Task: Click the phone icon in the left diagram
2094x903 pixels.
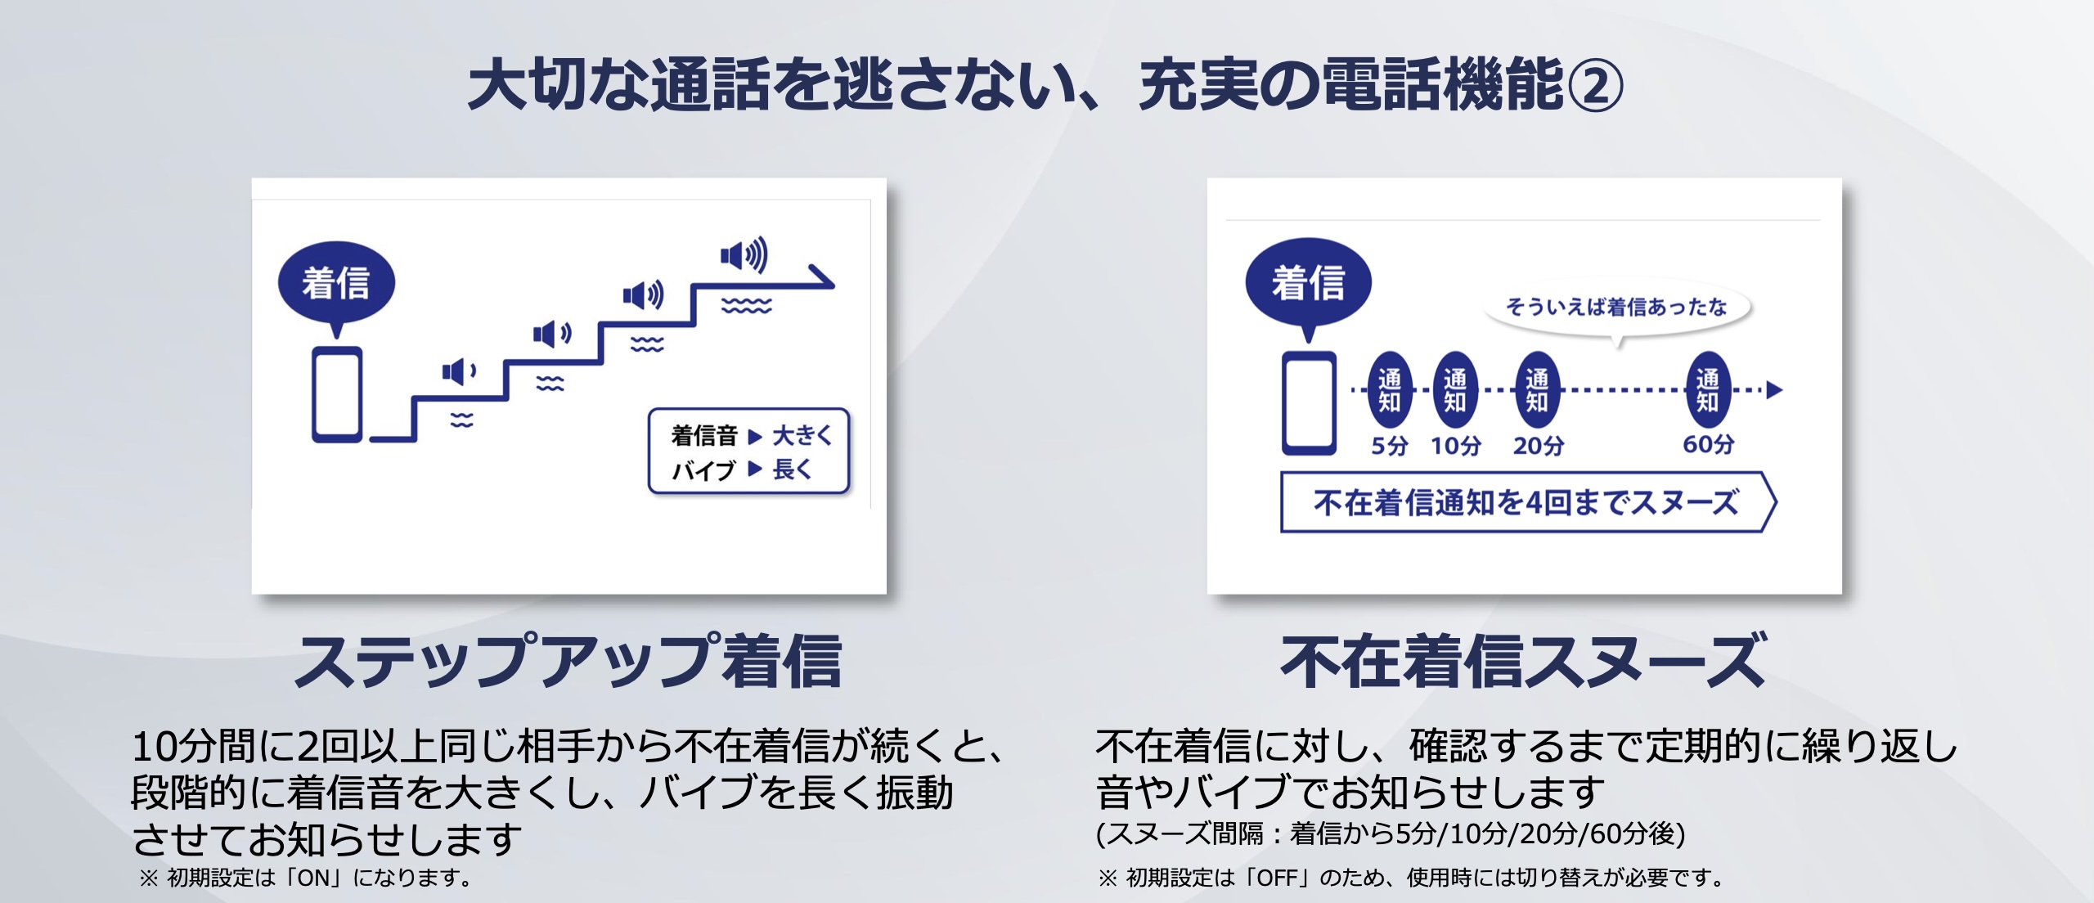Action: (x=336, y=394)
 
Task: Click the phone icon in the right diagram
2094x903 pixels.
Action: (x=1309, y=402)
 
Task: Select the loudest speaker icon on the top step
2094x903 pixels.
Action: (x=744, y=255)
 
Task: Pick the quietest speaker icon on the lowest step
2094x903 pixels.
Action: (x=459, y=372)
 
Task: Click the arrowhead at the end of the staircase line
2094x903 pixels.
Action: (x=821, y=278)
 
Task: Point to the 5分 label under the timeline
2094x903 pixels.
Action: (x=1390, y=446)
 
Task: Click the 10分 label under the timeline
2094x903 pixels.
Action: (x=1455, y=446)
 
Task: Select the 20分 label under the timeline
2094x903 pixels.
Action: (x=1538, y=446)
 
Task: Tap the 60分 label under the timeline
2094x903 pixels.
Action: (x=1708, y=444)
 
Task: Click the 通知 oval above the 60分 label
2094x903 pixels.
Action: (x=1708, y=390)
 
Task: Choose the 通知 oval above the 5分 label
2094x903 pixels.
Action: (x=1390, y=390)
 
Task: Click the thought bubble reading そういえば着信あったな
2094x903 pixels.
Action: (x=1617, y=308)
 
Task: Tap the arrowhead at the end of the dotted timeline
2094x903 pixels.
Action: (x=1774, y=390)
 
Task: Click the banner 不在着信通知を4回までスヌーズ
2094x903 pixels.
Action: (x=1528, y=502)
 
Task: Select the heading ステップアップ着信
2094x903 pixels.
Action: (x=568, y=661)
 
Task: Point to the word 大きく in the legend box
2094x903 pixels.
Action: (x=802, y=435)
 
